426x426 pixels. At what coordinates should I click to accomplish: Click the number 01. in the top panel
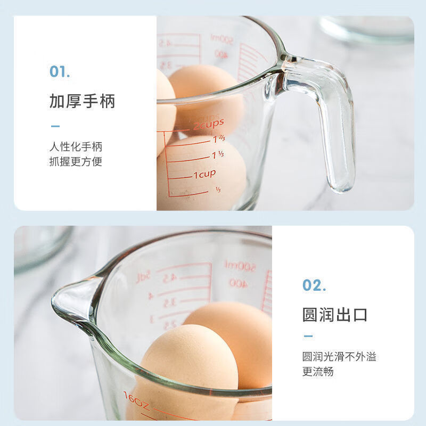(60, 71)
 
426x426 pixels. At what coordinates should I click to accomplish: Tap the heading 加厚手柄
(82, 101)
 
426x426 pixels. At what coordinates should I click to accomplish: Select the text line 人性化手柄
(76, 146)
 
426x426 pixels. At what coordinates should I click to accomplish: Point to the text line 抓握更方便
(76, 161)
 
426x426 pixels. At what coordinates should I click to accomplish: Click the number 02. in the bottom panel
(314, 285)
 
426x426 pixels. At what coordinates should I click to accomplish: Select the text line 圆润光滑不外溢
(339, 357)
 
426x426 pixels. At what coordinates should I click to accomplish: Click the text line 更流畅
(318, 372)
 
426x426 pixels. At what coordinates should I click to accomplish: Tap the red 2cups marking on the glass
(208, 125)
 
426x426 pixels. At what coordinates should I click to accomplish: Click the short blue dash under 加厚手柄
(55, 126)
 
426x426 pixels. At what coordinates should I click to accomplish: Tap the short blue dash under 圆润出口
(308, 336)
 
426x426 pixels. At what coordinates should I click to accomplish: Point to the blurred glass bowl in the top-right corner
(367, 29)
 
